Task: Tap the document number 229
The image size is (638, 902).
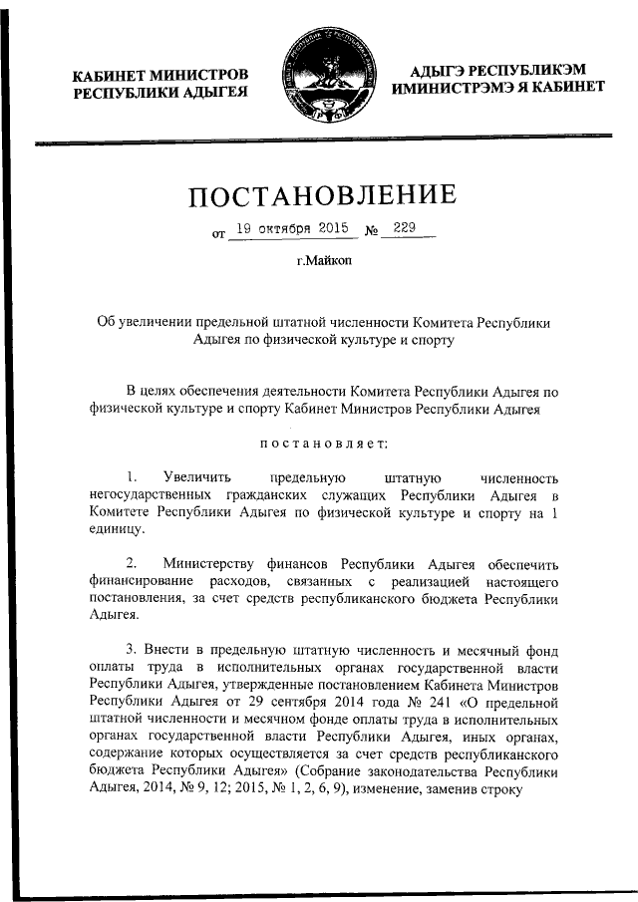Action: pyautogui.click(x=404, y=228)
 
